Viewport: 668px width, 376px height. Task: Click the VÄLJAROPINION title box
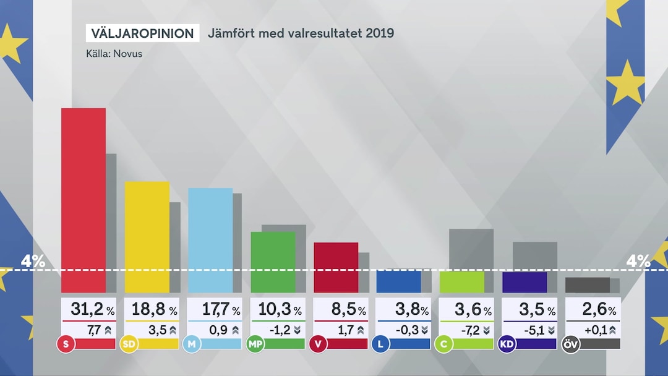click(142, 33)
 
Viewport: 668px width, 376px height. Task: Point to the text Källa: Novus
click(114, 54)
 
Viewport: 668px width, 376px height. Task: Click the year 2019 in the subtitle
click(380, 33)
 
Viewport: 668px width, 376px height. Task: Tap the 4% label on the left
click(33, 262)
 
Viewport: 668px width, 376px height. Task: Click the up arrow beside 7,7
click(109, 330)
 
